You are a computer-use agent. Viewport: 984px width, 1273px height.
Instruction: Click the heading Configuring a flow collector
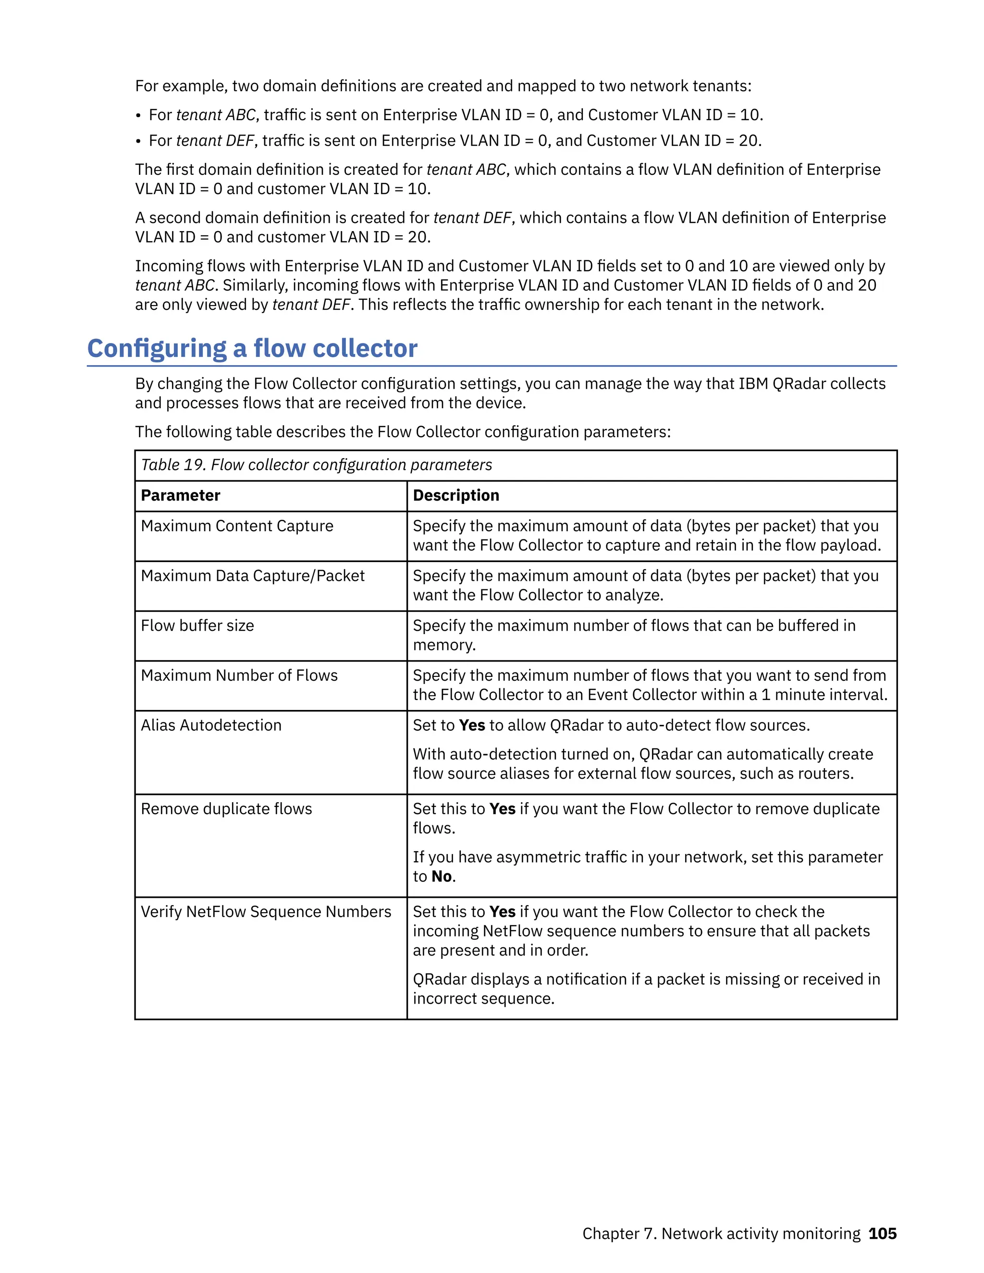tap(252, 349)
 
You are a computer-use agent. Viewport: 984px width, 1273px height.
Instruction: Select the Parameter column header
tap(180, 495)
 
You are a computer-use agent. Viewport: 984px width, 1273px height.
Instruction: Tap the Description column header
tap(456, 495)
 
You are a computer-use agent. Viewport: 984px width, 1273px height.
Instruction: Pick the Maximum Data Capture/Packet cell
tap(252, 576)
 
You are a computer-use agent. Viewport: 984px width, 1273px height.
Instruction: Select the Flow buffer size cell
tap(197, 625)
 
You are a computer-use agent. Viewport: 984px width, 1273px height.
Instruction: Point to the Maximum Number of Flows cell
tap(239, 675)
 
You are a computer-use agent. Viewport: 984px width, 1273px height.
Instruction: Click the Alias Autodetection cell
tap(211, 725)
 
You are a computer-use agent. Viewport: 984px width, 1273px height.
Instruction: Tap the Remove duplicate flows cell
tap(226, 809)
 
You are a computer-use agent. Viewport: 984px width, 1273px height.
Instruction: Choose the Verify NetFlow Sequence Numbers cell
tap(266, 912)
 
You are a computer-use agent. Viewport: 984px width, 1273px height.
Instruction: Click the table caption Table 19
tap(172, 465)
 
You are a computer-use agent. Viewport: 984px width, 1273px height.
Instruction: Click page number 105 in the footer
tap(882, 1233)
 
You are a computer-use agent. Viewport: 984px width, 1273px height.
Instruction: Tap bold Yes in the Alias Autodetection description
tap(472, 725)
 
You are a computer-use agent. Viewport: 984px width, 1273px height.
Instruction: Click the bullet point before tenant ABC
tap(138, 116)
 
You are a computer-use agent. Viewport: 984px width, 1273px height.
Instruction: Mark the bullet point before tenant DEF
tap(138, 142)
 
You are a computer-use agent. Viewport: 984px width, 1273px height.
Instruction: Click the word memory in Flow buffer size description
tap(443, 645)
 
